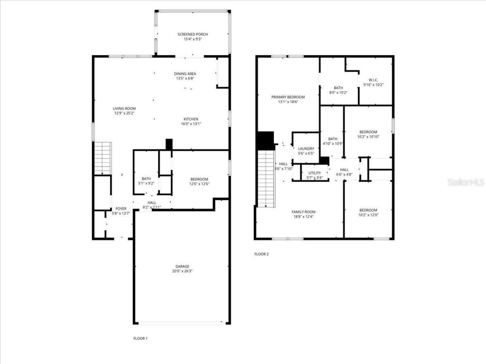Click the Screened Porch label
(193, 35)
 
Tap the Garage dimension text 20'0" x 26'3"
(182, 271)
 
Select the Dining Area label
(185, 74)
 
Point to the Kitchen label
(191, 119)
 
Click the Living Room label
(124, 108)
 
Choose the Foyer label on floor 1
(121, 209)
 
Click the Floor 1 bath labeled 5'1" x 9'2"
(146, 179)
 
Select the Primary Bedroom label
(288, 97)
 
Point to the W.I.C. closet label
(373, 80)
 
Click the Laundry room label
(306, 149)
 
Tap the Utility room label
(314, 173)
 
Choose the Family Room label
(303, 212)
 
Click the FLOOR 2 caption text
(261, 254)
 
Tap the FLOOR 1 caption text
(140, 338)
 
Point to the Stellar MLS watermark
(466, 182)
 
